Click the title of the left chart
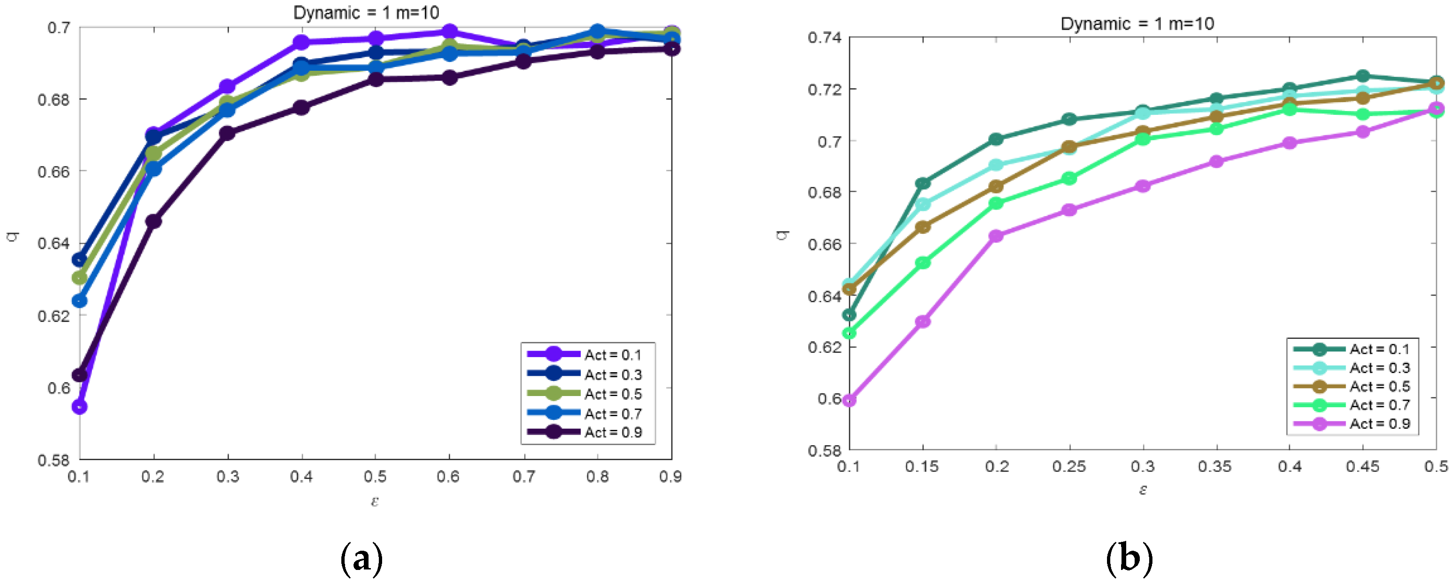click(x=366, y=12)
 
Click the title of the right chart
click(x=1137, y=24)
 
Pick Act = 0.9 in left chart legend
click(x=612, y=432)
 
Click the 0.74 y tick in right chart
click(x=824, y=38)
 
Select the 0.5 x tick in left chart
click(x=375, y=477)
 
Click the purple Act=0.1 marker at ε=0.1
click(x=80, y=406)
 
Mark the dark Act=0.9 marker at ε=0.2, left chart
click(x=153, y=222)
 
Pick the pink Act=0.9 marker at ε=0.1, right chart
click(x=849, y=400)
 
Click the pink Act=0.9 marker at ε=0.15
click(x=923, y=322)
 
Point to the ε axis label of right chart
click(x=1143, y=489)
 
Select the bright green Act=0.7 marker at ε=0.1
click(x=849, y=333)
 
